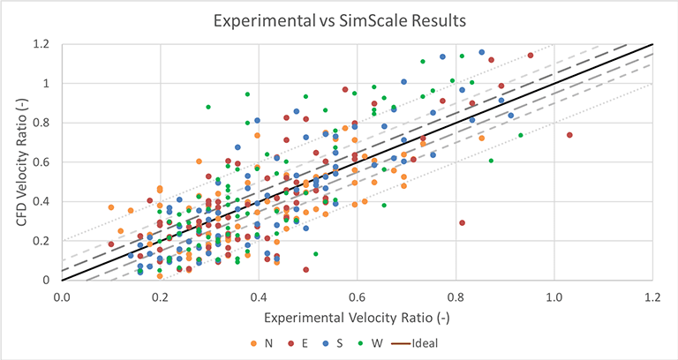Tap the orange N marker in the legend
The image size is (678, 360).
[255, 343]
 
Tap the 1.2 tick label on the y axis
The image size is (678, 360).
[41, 44]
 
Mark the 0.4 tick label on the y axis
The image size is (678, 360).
[41, 201]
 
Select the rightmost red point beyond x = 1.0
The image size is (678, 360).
[569, 135]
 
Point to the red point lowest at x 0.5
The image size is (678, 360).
[306, 269]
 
